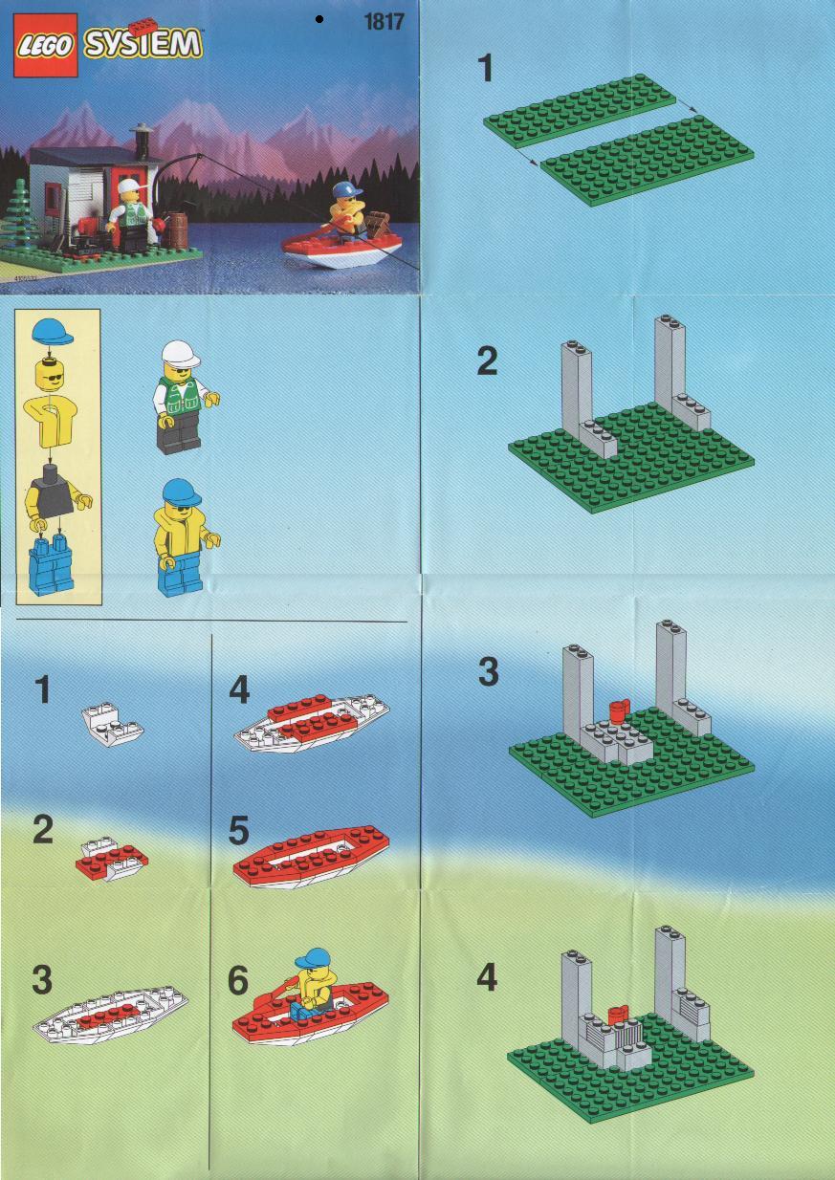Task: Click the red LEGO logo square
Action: (46, 45)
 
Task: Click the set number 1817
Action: (385, 22)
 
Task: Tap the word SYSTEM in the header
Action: (143, 43)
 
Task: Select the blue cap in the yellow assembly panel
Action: (53, 332)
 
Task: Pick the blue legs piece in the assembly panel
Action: (52, 563)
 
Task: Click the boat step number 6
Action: (237, 980)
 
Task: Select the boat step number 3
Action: (42, 979)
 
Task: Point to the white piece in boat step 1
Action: (112, 724)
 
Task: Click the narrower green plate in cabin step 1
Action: (580, 109)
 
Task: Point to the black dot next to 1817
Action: (319, 19)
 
